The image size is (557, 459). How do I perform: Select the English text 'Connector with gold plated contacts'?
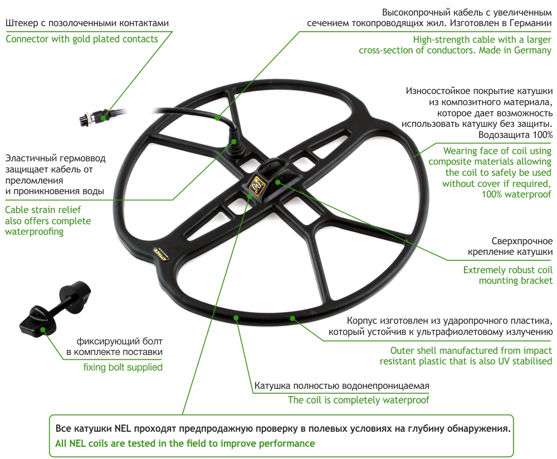(x=82, y=39)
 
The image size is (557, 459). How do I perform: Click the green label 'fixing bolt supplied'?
(x=123, y=367)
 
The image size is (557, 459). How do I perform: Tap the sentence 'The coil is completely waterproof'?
(x=358, y=399)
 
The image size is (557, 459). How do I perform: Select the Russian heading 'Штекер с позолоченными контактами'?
(x=86, y=23)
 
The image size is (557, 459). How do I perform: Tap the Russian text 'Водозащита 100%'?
(x=515, y=135)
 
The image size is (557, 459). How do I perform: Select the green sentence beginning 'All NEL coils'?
(x=185, y=443)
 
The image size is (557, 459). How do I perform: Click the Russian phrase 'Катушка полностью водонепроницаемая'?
(x=341, y=386)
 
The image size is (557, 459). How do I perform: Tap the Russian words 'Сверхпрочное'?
(x=522, y=241)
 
